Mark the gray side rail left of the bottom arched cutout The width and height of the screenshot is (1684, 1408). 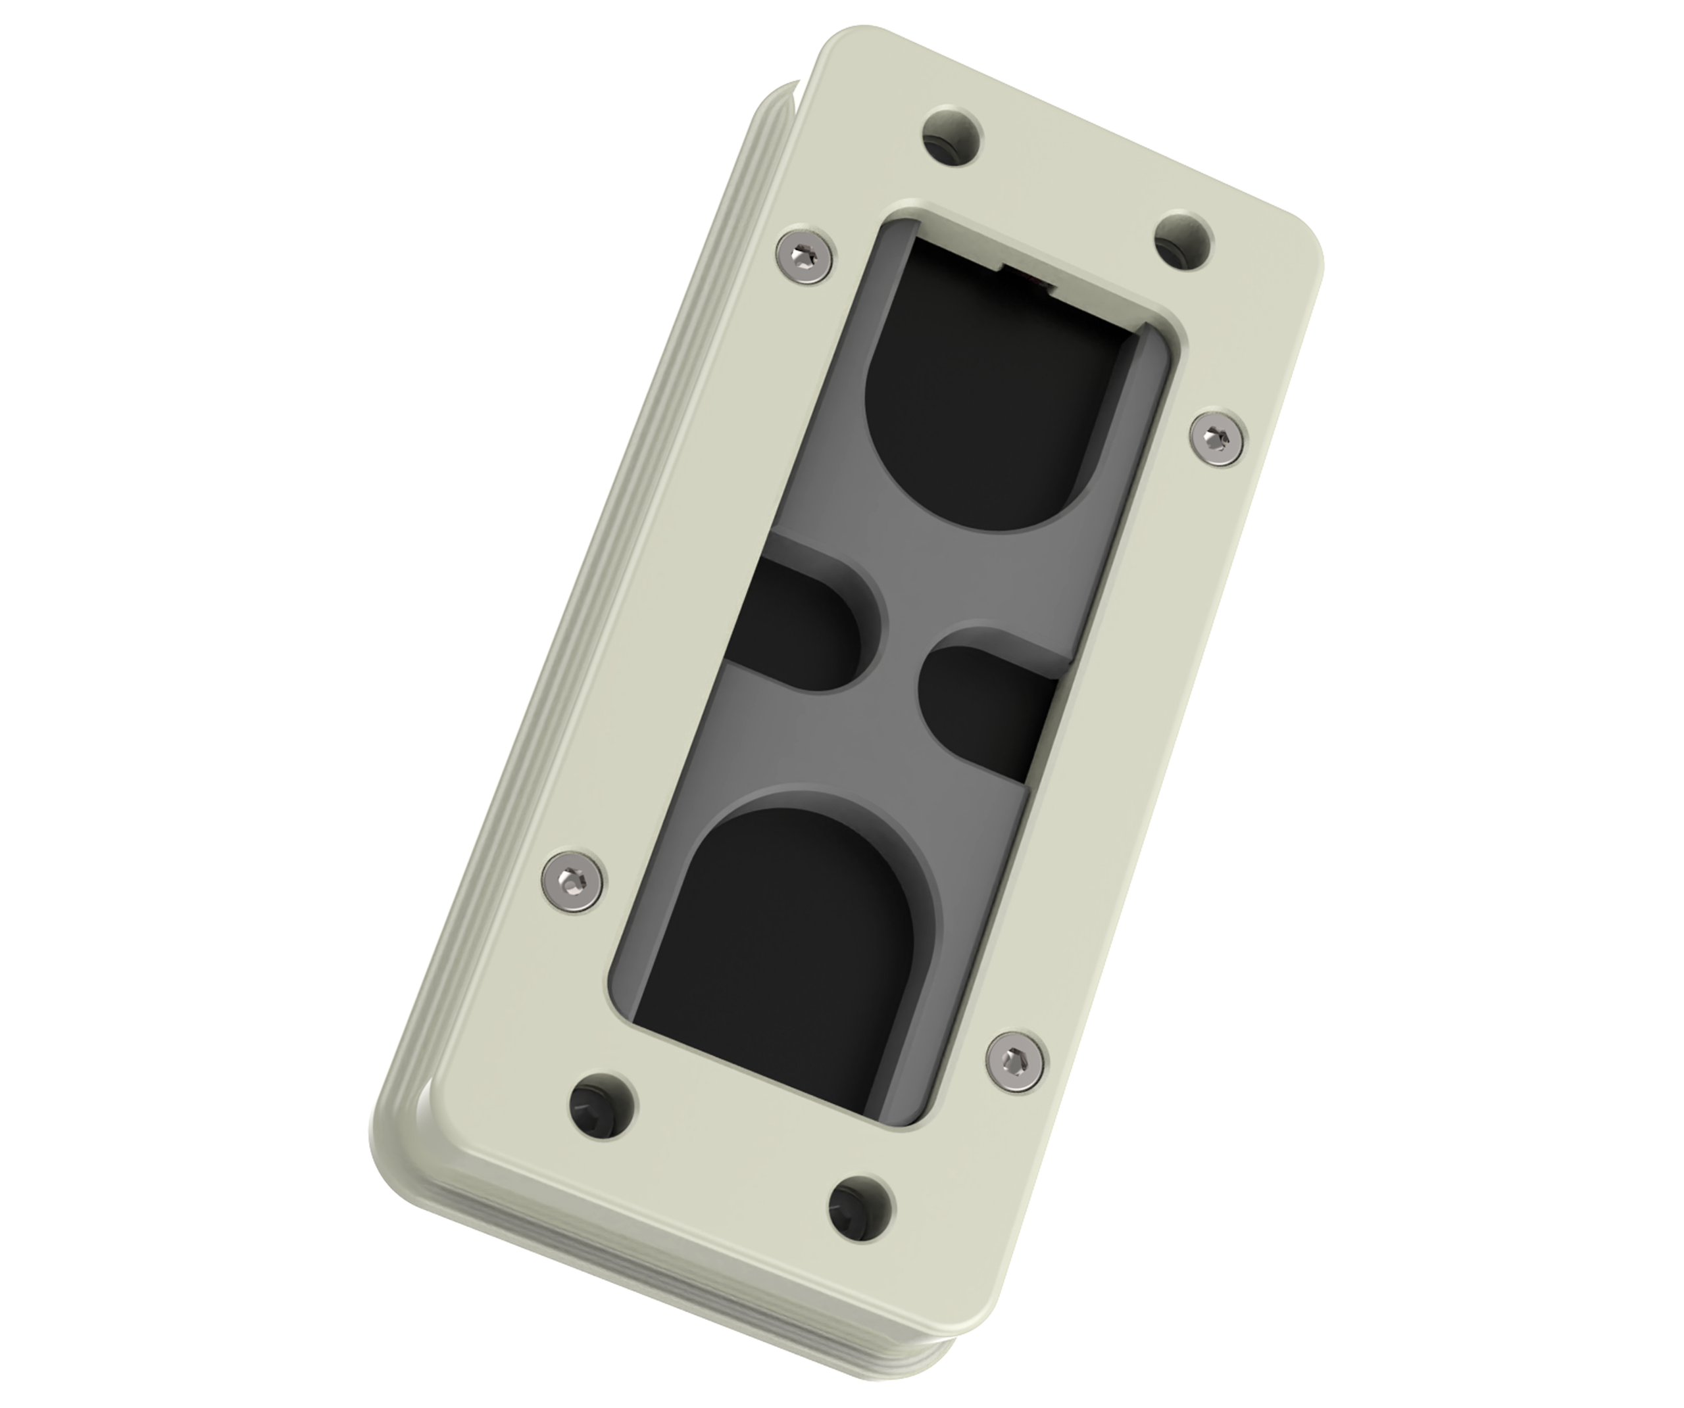coord(641,962)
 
